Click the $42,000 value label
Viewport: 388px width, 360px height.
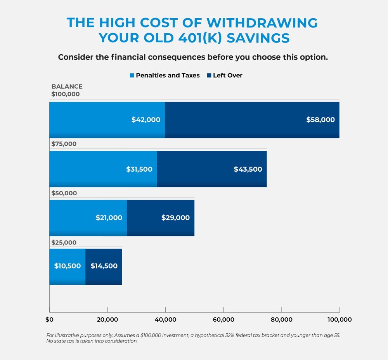(x=146, y=120)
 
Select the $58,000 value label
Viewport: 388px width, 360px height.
(x=320, y=120)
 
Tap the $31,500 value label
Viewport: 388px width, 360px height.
(x=139, y=169)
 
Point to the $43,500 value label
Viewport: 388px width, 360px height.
(x=248, y=169)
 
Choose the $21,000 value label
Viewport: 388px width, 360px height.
(x=109, y=218)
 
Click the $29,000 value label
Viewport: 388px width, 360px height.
(x=175, y=218)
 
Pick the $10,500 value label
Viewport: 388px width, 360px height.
(x=68, y=266)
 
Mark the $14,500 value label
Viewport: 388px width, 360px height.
(x=104, y=266)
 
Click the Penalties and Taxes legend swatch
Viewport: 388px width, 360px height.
(x=132, y=76)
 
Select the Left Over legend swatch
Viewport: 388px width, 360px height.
(x=209, y=76)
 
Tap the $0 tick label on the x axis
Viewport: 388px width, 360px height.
(x=49, y=320)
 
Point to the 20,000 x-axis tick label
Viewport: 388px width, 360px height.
(x=107, y=320)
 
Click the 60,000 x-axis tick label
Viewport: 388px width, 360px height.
(x=223, y=320)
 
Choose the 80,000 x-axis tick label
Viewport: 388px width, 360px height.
(x=281, y=320)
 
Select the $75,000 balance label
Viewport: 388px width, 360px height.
(x=64, y=144)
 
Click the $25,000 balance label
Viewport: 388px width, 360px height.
(x=64, y=243)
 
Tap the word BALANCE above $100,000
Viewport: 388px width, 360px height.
(x=67, y=87)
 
